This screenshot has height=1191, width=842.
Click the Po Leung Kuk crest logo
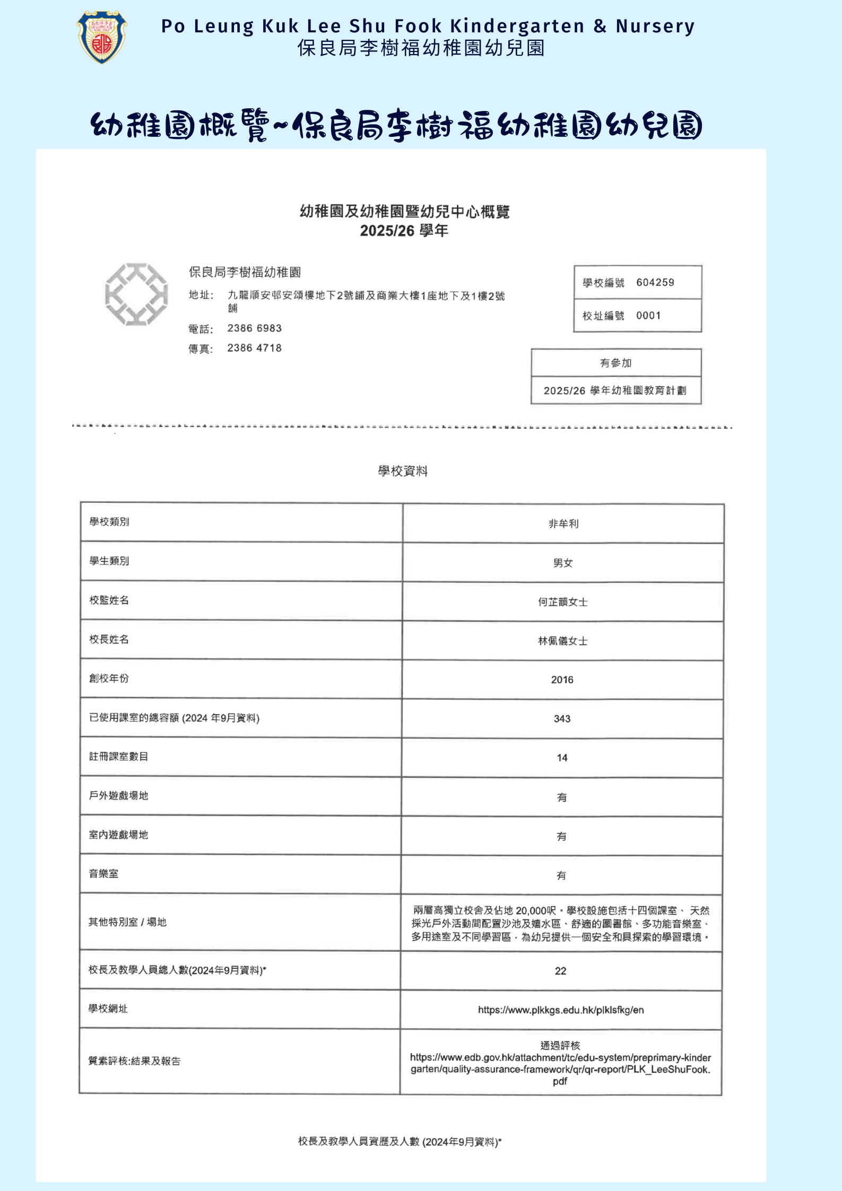102,37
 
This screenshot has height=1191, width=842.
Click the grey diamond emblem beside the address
136,294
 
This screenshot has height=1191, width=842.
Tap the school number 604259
655,282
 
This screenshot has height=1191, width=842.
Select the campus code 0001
648,316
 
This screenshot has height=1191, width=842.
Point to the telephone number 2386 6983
255,328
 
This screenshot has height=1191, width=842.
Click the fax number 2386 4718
255,348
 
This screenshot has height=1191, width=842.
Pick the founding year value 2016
562,680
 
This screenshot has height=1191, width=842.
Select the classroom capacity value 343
562,719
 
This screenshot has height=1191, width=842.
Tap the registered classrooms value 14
562,758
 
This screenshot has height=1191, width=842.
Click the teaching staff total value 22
560,971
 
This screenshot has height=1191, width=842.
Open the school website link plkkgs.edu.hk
561,1010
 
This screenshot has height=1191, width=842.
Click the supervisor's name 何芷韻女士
562,602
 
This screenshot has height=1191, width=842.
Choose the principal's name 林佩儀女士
562,641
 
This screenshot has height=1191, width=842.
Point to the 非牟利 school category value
563,524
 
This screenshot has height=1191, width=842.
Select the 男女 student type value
563,563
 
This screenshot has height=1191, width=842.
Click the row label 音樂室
103,874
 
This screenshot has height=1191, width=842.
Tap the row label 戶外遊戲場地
118,795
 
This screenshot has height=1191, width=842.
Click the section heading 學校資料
403,471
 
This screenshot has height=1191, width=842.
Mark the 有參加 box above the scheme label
615,363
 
